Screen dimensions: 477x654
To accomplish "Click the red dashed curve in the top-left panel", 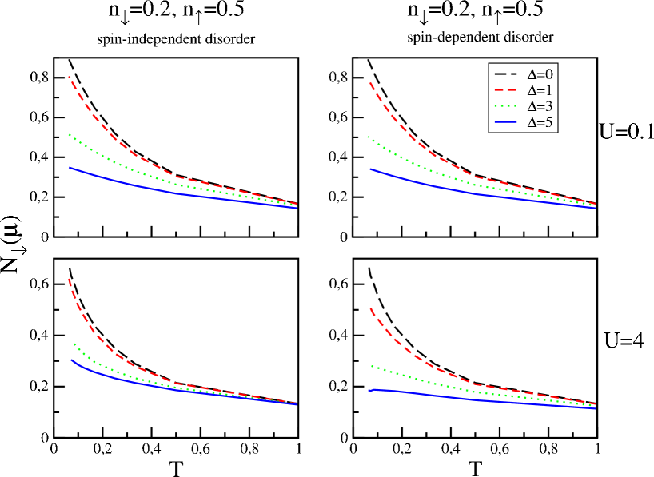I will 104,128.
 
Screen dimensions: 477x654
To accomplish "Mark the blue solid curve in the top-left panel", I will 104,178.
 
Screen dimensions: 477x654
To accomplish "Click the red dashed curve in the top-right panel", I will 408,128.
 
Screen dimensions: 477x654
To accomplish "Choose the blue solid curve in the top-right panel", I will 408,180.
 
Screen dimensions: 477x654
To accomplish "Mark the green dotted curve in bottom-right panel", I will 408,375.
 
